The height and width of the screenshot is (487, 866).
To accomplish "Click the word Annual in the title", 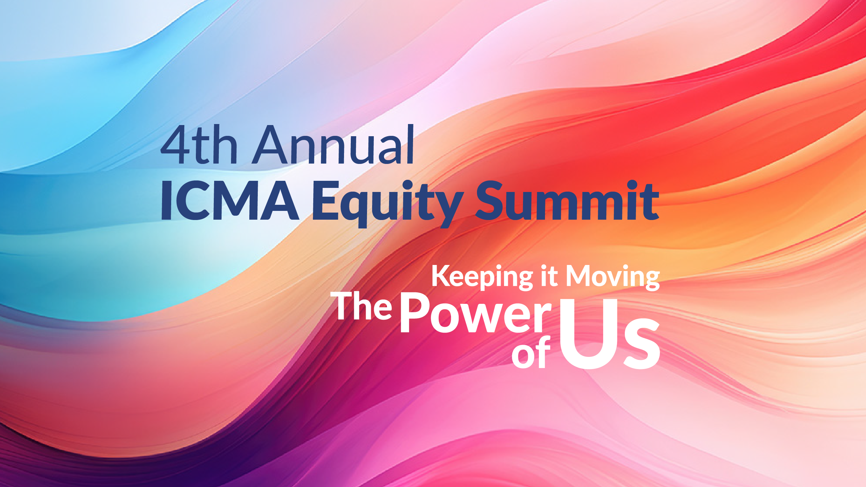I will [333, 145].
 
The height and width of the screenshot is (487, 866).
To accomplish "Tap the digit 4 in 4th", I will [176, 145].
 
